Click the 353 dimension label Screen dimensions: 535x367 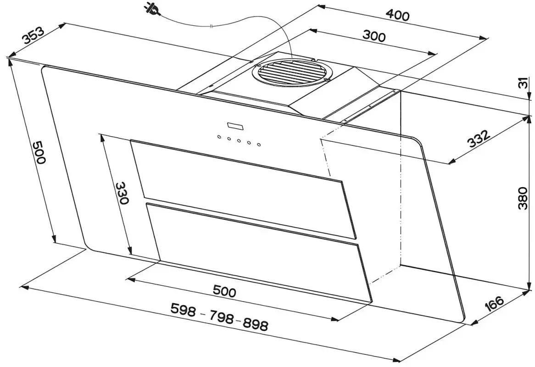[33, 36]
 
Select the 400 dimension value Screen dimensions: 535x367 [397, 15]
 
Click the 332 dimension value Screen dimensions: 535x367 [479, 138]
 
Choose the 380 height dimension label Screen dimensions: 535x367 [523, 198]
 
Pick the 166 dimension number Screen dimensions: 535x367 [494, 304]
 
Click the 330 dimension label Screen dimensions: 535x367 [122, 193]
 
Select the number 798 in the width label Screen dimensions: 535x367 [222, 317]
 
